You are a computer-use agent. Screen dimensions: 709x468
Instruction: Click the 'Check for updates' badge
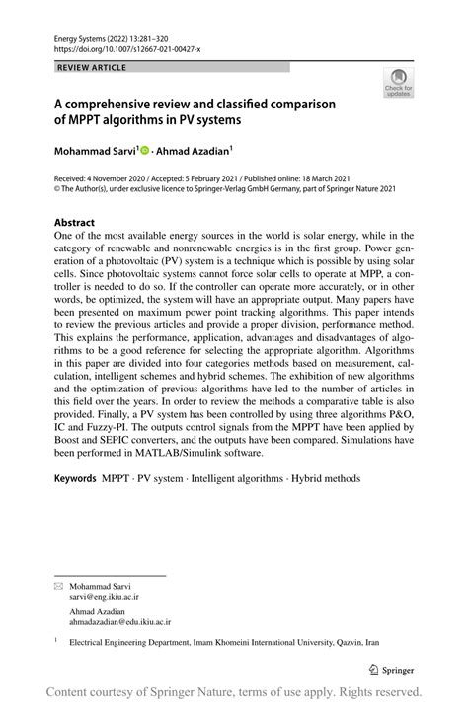(x=400, y=83)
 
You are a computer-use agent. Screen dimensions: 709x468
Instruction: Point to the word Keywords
(x=75, y=479)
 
